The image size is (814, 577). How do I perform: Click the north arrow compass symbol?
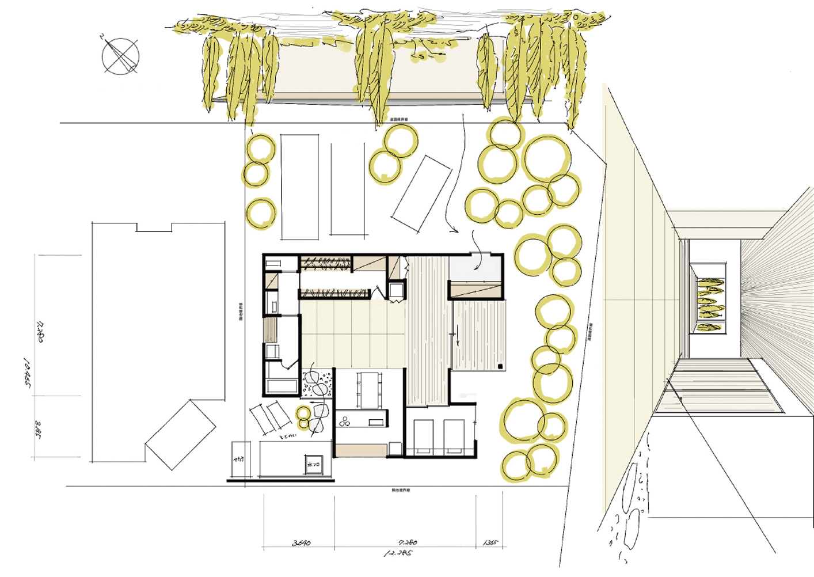point(121,56)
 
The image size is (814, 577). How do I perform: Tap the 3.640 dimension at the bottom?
point(302,542)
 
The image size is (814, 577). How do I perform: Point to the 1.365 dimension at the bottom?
point(490,542)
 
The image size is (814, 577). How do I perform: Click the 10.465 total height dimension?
point(26,373)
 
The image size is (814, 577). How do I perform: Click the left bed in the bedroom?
point(424,436)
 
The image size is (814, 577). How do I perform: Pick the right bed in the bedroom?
point(454,436)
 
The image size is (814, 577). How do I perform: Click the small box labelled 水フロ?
point(314,464)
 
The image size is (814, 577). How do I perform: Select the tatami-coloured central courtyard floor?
point(352,334)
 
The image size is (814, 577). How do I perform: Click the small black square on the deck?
point(500,366)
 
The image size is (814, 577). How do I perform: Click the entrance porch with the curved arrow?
point(476,268)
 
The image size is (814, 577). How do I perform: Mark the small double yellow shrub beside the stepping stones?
point(303,413)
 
